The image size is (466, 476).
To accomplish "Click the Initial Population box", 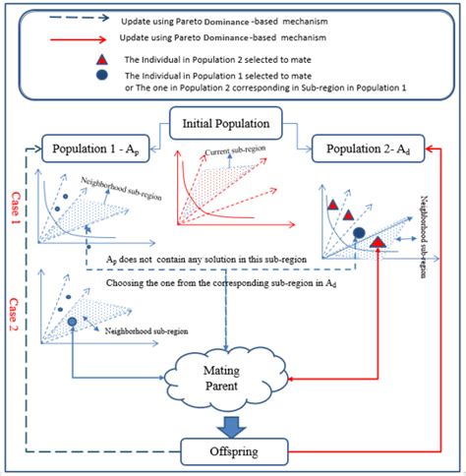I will tap(229, 126).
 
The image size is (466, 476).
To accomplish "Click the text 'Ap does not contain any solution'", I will tap(197, 259).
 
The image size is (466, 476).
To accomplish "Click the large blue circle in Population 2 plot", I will tap(360, 233).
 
